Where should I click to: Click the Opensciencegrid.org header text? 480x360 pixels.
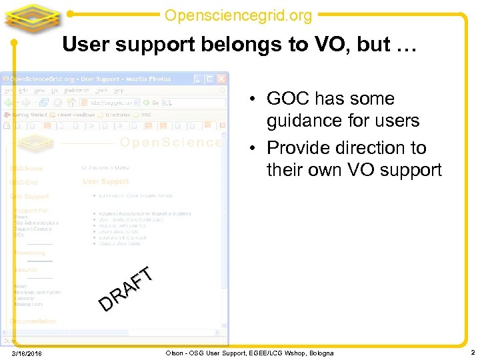238,14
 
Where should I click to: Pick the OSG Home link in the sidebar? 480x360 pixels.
27,169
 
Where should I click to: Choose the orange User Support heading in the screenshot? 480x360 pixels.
105,181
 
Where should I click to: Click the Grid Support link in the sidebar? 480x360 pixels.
29,197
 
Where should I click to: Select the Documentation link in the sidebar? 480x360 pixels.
33,321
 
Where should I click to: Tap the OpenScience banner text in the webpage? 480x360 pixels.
170,142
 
